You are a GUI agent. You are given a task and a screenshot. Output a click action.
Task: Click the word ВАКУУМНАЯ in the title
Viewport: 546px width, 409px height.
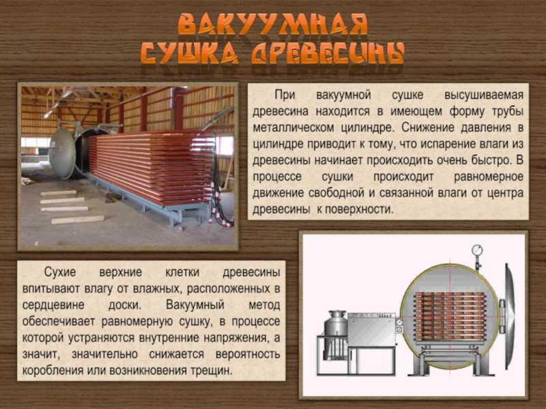[273, 25]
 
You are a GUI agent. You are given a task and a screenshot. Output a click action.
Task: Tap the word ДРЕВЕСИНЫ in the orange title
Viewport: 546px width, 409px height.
[328, 54]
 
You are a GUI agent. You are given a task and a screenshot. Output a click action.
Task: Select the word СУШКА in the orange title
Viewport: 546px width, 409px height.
[190, 54]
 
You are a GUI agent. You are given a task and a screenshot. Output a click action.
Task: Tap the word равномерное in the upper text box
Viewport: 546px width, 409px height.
[489, 177]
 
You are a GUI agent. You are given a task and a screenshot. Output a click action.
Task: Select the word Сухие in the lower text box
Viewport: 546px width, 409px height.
[59, 272]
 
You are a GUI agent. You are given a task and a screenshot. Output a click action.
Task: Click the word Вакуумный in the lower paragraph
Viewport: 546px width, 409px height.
[195, 305]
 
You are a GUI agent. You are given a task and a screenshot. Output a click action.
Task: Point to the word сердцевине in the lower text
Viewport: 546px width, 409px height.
[53, 305]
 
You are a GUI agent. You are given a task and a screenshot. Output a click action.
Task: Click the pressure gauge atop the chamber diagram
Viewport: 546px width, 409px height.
[477, 250]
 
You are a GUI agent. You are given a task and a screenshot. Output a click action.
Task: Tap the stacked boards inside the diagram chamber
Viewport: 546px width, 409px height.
[450, 316]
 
